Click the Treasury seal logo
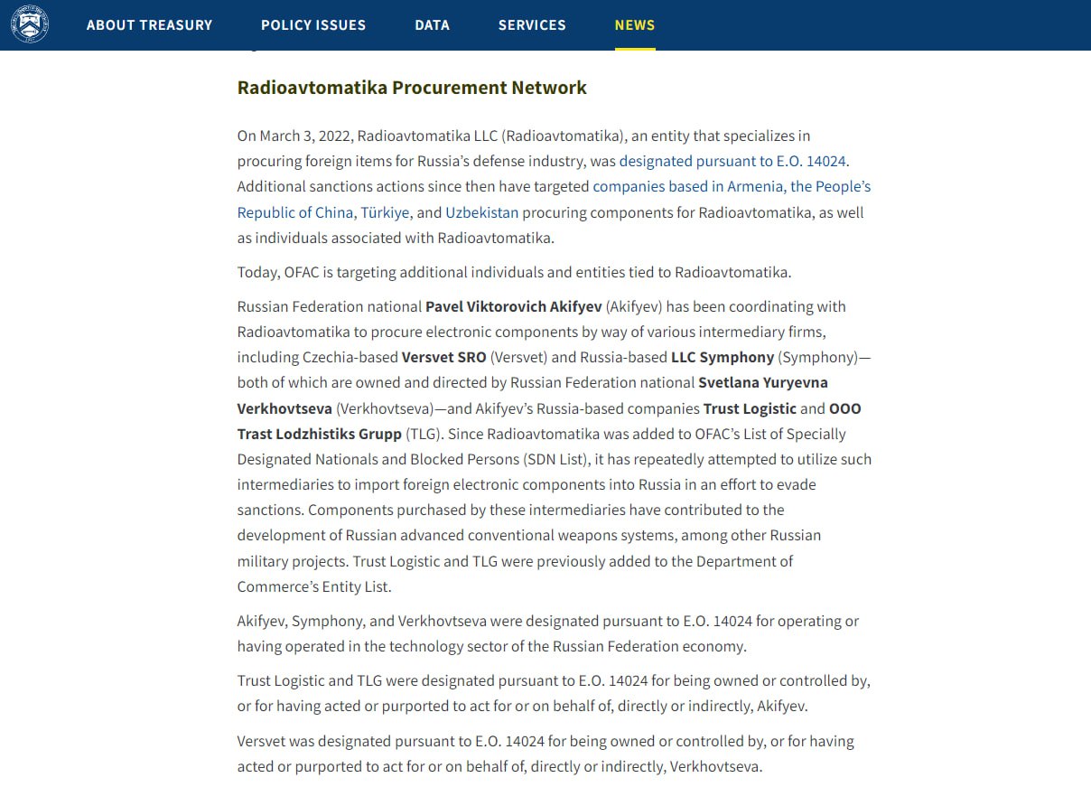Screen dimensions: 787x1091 (x=30, y=24)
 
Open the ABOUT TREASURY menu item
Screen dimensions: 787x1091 (x=149, y=25)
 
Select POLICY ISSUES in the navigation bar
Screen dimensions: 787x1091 (x=313, y=25)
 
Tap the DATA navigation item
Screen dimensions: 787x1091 (x=432, y=25)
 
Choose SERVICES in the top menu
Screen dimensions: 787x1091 (x=532, y=25)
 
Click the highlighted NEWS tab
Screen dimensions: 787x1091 (x=635, y=25)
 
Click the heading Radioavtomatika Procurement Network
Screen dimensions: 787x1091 (x=412, y=88)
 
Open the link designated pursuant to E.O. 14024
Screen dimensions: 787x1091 (x=732, y=162)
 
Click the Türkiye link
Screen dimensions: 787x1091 (x=385, y=213)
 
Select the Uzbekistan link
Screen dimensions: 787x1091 (x=481, y=213)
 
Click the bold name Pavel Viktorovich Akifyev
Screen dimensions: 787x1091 (x=513, y=307)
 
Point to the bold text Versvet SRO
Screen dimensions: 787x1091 (x=443, y=358)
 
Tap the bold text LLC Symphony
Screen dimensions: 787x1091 (x=722, y=358)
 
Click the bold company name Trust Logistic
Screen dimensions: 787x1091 (x=750, y=408)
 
